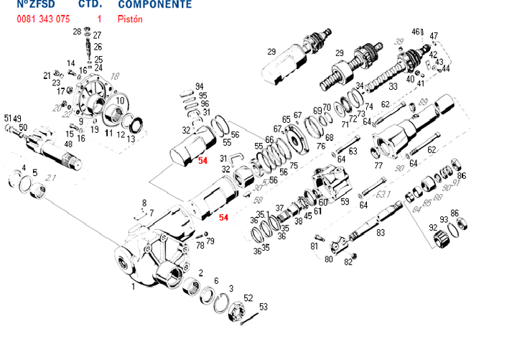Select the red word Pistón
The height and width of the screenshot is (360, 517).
tap(130, 19)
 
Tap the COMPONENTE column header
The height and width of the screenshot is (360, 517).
tap(154, 4)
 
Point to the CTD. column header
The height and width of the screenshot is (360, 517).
tap(88, 4)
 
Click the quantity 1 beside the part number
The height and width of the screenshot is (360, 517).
tap(98, 19)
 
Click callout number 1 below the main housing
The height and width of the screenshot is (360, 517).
tap(133, 286)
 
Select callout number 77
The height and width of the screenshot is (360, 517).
tap(378, 165)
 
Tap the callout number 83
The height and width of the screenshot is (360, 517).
tap(381, 232)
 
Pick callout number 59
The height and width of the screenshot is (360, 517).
tap(345, 202)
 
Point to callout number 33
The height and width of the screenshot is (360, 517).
tap(393, 87)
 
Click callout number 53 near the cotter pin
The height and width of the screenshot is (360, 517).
tap(264, 307)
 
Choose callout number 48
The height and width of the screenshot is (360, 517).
tap(68, 144)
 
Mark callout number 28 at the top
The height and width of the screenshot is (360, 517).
tap(77, 32)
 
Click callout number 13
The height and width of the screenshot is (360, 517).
tap(130, 138)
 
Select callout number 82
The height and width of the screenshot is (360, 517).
tap(349, 262)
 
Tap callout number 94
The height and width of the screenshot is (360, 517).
tap(199, 86)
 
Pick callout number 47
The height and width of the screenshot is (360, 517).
tap(434, 35)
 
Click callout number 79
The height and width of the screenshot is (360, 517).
tap(210, 241)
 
